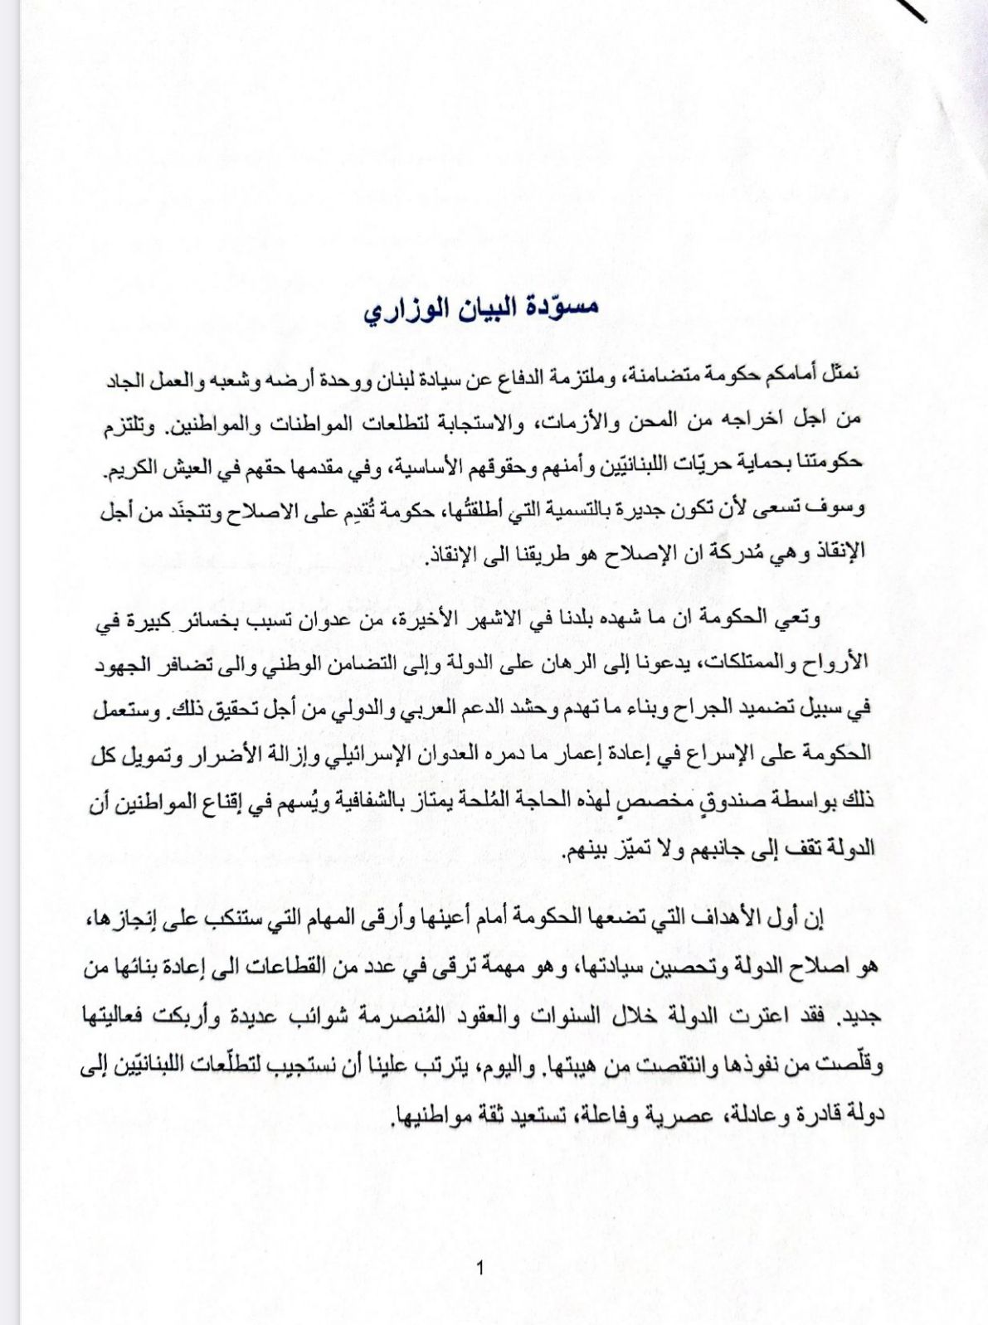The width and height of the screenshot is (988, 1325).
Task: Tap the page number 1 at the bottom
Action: pyautogui.click(x=480, y=1267)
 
